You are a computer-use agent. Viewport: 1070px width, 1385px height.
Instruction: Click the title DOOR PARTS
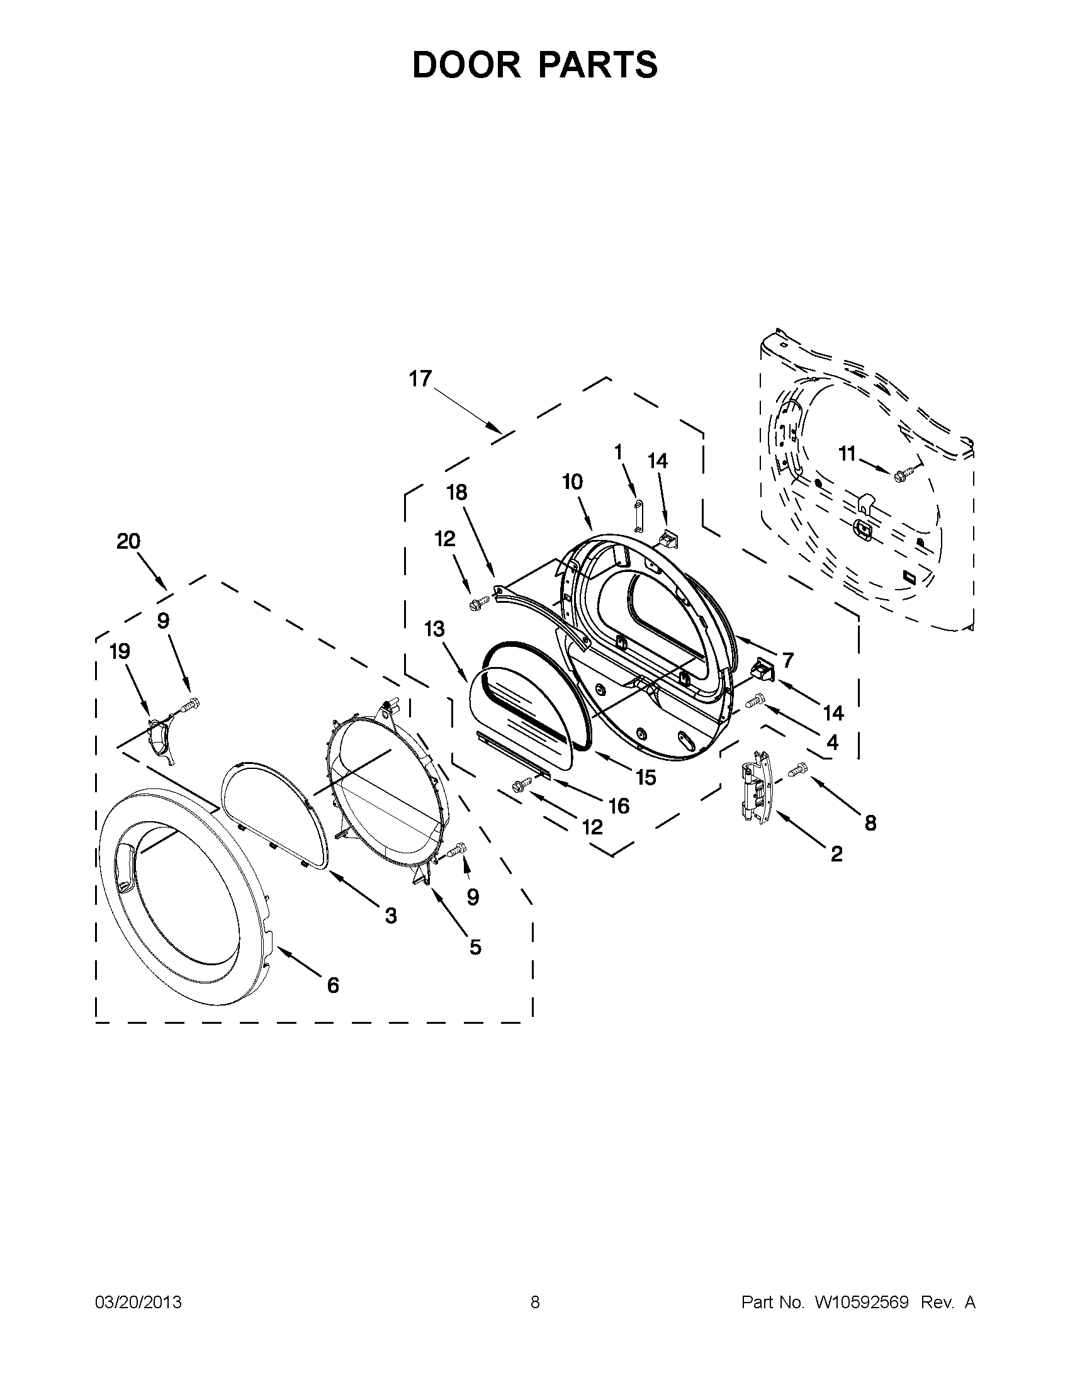coord(534,65)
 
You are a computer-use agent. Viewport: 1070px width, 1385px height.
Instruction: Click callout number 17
coord(420,379)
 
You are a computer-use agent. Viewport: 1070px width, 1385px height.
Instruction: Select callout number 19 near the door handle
coord(119,651)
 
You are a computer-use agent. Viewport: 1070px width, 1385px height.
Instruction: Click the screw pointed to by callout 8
coord(797,769)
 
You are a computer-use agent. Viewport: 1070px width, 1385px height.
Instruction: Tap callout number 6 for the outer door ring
coord(333,985)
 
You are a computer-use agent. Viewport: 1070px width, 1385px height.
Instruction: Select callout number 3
coord(391,915)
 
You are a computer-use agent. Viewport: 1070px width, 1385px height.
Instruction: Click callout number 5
coord(475,947)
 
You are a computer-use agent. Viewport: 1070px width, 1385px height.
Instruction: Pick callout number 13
coord(434,630)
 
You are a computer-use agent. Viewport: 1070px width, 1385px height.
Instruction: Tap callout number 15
coord(646,778)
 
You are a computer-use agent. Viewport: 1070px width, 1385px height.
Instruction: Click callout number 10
coord(572,482)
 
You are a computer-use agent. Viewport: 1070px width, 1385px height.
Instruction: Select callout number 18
coord(458,492)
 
